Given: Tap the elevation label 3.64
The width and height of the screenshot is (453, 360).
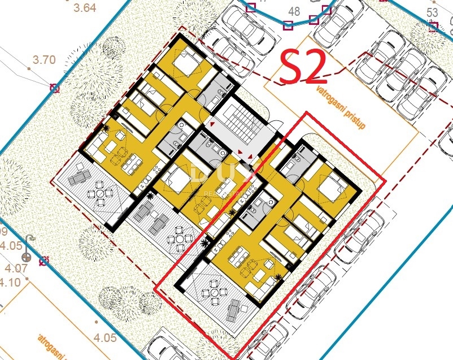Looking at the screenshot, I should pyautogui.click(x=85, y=8).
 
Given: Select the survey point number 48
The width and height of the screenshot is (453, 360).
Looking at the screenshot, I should pyautogui.click(x=294, y=11).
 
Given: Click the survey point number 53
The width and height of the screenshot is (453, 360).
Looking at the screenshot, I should pyautogui.click(x=432, y=12).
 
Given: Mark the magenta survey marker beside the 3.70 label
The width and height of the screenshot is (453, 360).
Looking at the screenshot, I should pyautogui.click(x=54, y=88).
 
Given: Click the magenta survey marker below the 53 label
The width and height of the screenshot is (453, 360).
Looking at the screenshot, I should pyautogui.click(x=433, y=26).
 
